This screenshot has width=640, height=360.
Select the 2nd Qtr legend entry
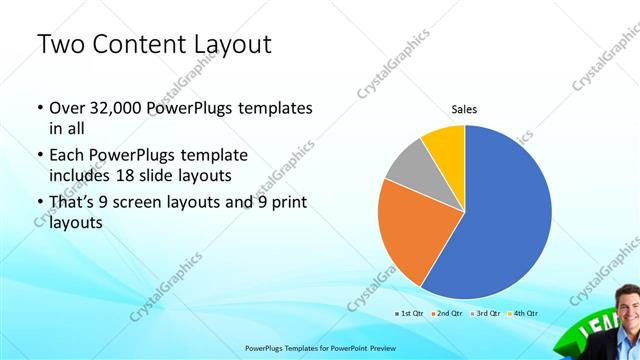coord(447,313)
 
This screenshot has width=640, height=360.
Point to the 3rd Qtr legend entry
coord(485,313)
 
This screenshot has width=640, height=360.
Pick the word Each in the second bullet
coord(67,155)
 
